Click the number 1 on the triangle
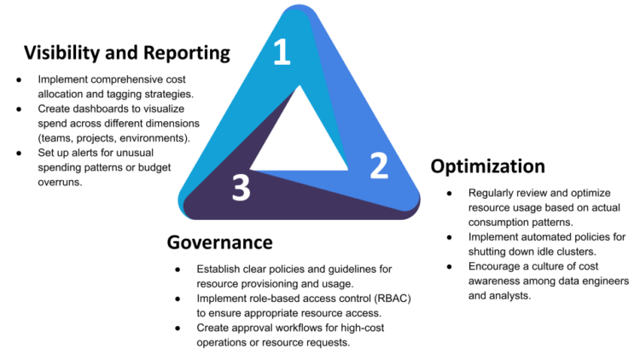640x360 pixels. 282,52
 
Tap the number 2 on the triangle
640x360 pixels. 379,165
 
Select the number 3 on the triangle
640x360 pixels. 241,188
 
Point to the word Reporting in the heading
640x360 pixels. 187,54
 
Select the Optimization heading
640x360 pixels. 488,166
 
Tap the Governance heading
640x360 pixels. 219,242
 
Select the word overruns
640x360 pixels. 60,182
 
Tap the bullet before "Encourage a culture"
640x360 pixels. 450,266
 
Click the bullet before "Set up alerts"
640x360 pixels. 19,153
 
